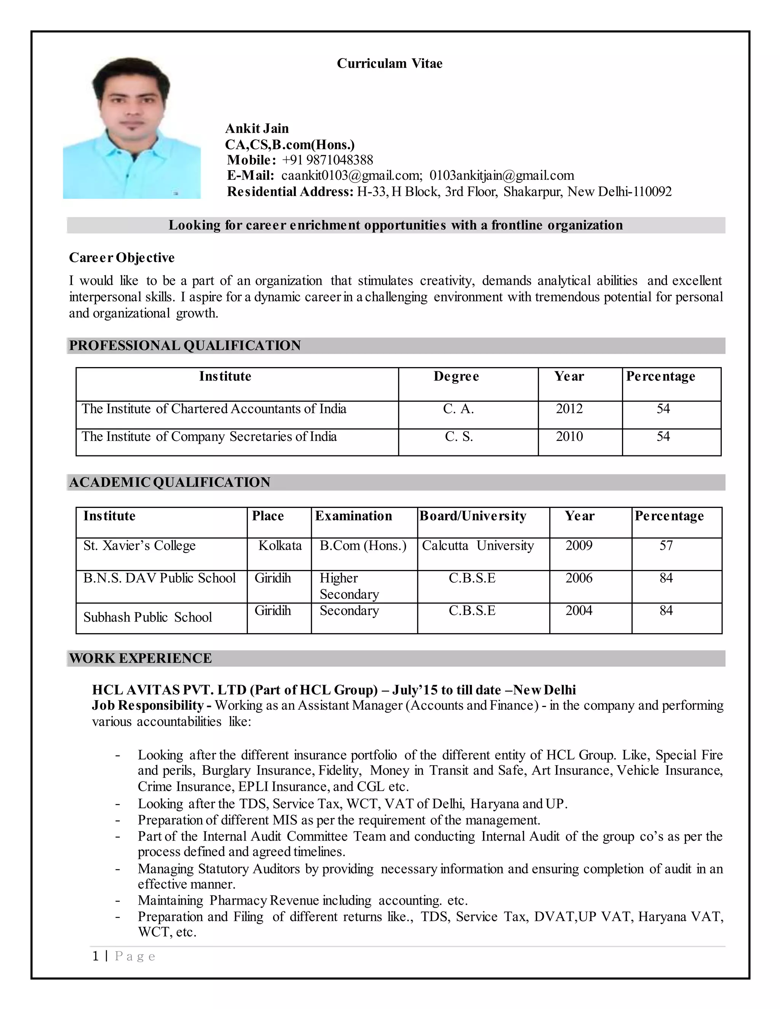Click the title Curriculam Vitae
tap(389, 63)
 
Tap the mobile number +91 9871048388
tap(327, 160)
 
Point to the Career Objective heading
tap(121, 257)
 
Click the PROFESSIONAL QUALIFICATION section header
tap(185, 346)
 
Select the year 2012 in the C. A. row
tap(569, 409)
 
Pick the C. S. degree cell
tap(459, 437)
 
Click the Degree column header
tap(456, 376)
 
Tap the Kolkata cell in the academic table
tap(280, 546)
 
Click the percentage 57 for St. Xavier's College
tap(665, 546)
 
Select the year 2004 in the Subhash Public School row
tap(579, 611)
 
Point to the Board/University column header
tap(473, 516)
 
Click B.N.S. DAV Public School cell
tap(160, 578)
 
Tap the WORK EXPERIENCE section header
tap(141, 658)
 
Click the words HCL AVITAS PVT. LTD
tap(169, 690)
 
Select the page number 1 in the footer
tap(96, 956)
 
